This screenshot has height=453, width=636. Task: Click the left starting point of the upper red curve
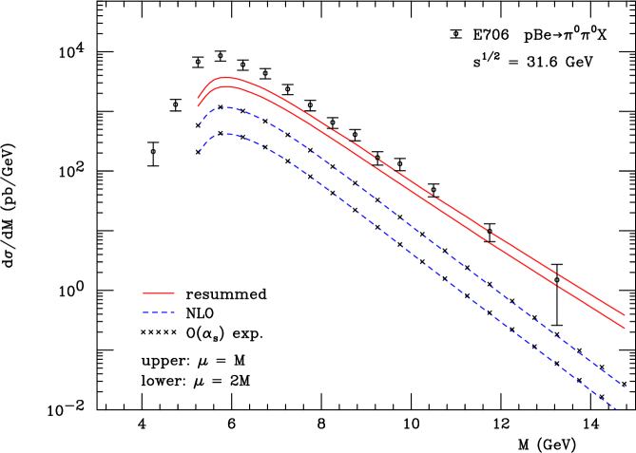coord(198,97)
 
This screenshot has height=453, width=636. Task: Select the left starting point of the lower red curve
coord(198,106)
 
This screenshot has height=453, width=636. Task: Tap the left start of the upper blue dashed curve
coord(199,124)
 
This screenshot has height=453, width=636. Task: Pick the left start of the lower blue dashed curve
coord(198,155)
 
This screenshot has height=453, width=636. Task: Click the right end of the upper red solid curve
coord(625,314)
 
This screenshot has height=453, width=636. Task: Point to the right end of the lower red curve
coord(625,329)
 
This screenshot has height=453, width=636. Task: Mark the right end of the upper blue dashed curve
coord(625,386)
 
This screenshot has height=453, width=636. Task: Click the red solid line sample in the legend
coord(159,293)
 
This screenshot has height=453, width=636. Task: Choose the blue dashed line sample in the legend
coord(159,312)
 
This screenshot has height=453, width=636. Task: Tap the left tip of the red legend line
coord(144,293)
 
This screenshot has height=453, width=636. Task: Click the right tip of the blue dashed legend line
coord(174,312)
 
